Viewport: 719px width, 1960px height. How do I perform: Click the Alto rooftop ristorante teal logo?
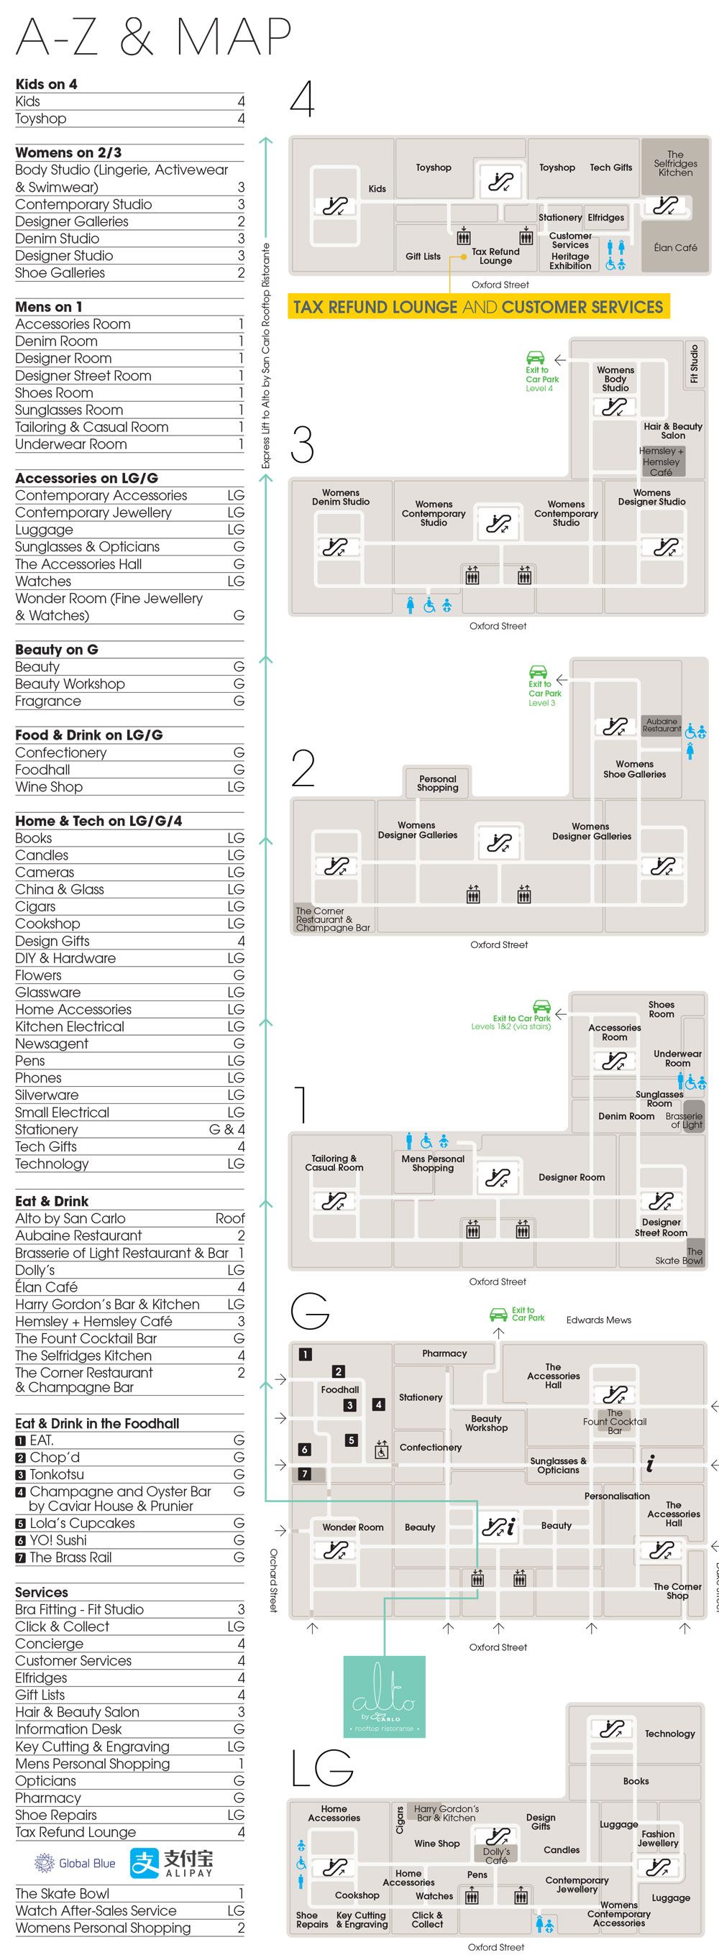click(x=384, y=1696)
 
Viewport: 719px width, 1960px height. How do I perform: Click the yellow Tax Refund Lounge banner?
click(x=478, y=307)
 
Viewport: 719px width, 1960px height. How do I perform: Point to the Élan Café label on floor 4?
click(x=675, y=247)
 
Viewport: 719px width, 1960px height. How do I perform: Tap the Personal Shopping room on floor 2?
click(x=437, y=783)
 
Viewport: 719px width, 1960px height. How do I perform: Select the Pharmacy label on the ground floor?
click(x=444, y=1353)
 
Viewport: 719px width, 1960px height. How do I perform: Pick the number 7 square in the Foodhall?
click(x=305, y=1474)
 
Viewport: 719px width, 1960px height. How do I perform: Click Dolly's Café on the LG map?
click(x=497, y=1855)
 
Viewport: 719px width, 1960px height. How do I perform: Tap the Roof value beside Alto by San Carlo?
click(x=229, y=1218)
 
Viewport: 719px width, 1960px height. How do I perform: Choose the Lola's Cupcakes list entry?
click(x=81, y=1523)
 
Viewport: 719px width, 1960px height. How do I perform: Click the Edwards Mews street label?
click(x=599, y=1320)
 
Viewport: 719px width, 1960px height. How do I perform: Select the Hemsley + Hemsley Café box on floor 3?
click(x=661, y=462)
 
